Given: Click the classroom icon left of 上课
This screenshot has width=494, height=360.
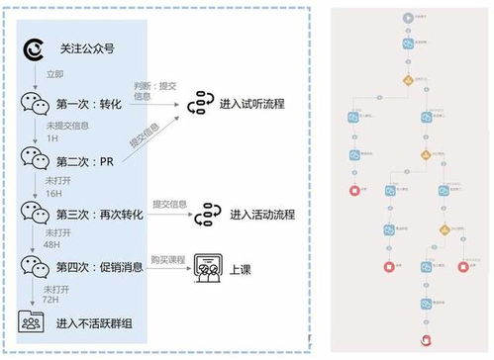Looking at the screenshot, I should tap(205, 267).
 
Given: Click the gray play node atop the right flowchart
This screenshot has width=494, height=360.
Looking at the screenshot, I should tap(408, 17).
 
